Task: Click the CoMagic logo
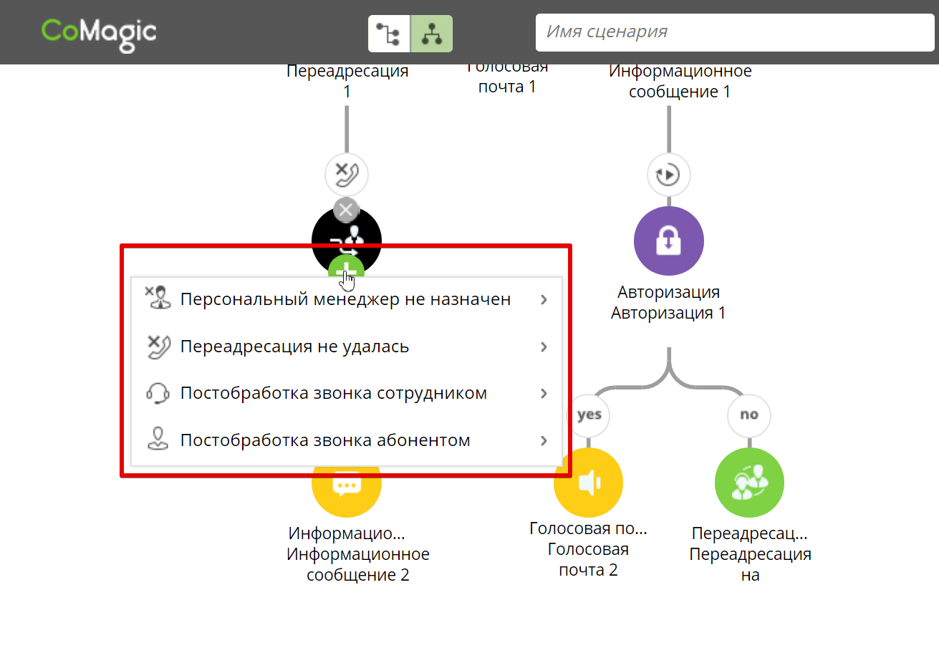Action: coord(99,32)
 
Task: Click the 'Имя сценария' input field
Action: coord(734,32)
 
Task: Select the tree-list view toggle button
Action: coord(389,34)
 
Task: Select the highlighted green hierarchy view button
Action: coord(431,34)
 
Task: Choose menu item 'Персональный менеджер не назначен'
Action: coord(345,299)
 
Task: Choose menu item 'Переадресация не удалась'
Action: coord(294,347)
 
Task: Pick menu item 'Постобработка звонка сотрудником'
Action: coord(333,393)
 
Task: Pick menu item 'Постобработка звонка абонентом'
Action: coord(324,440)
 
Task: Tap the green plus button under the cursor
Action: coord(347,271)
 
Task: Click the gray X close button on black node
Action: coord(347,210)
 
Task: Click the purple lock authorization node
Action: coord(668,241)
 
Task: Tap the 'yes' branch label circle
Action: coord(589,415)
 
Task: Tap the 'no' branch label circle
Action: coord(749,415)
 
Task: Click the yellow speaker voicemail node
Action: coord(588,483)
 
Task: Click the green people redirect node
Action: coord(749,483)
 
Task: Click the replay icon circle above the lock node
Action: coord(668,174)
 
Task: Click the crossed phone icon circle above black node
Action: coord(347,174)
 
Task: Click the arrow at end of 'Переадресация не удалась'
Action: coord(544,347)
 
